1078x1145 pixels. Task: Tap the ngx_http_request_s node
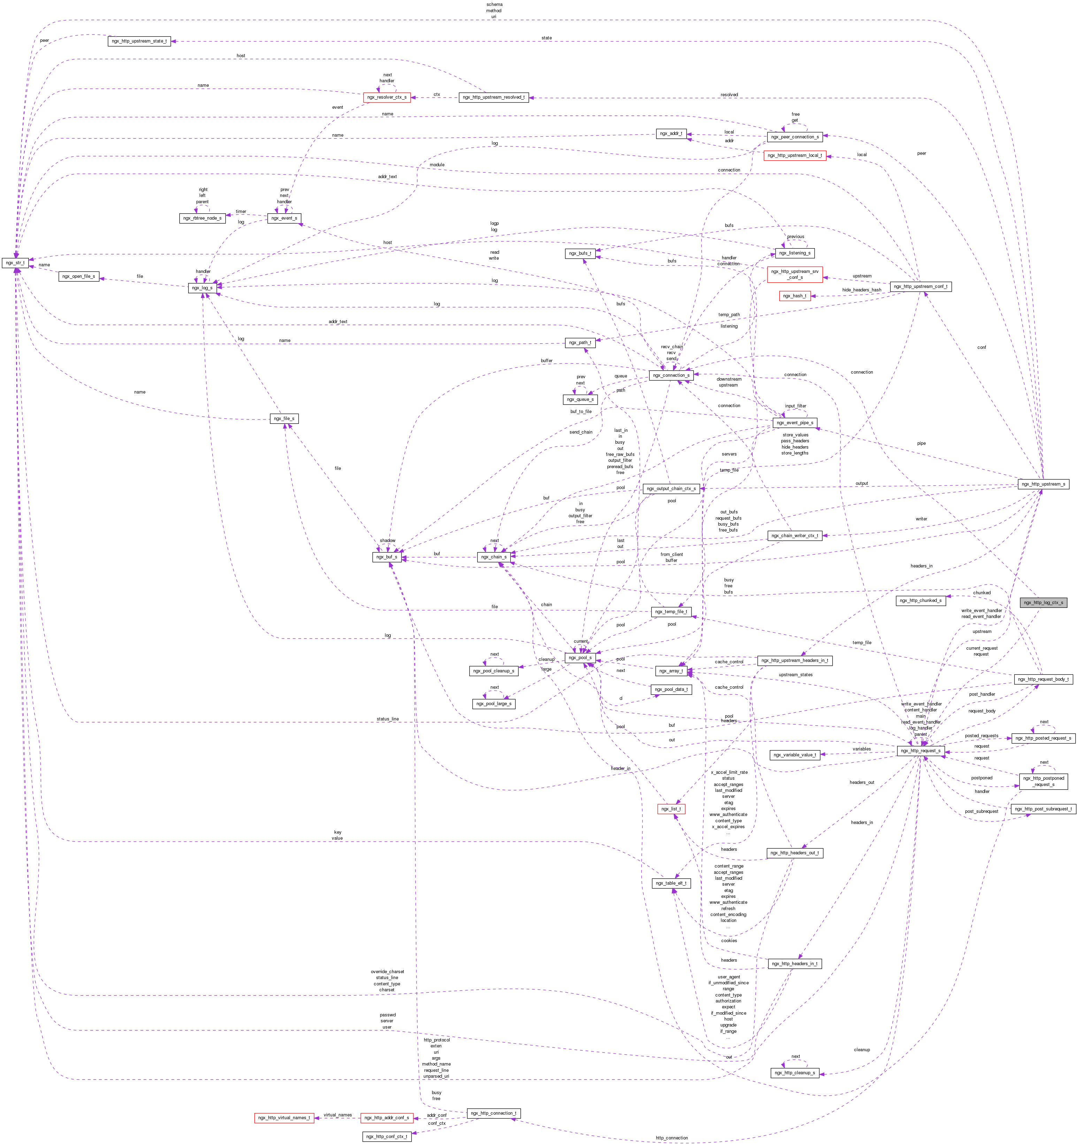tap(920, 750)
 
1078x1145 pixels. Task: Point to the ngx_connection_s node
tap(671, 375)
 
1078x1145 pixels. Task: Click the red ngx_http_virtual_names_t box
tap(284, 1117)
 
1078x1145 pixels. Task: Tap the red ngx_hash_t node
tap(795, 296)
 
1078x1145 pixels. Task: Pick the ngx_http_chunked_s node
tap(920, 600)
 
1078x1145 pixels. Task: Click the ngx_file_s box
tap(284, 418)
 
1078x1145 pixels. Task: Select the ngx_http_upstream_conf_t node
tap(920, 286)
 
